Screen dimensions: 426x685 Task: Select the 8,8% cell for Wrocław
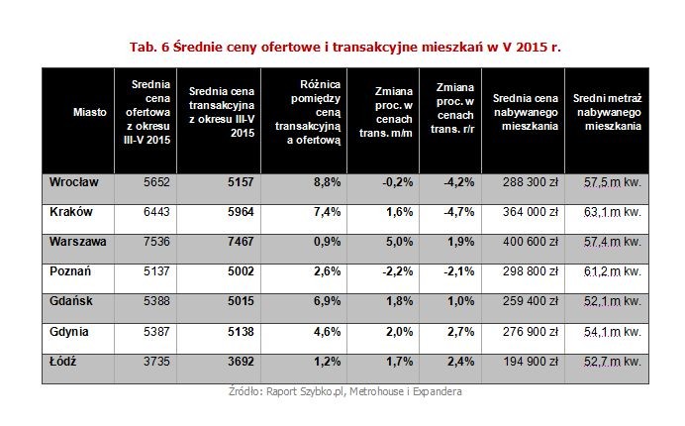point(328,183)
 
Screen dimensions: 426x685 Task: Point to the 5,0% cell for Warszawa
point(398,239)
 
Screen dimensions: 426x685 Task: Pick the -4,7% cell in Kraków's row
point(461,212)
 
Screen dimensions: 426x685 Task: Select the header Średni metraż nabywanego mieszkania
point(606,113)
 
